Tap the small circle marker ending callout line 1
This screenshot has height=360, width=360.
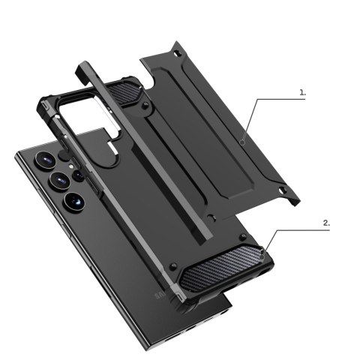pos(244,140)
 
